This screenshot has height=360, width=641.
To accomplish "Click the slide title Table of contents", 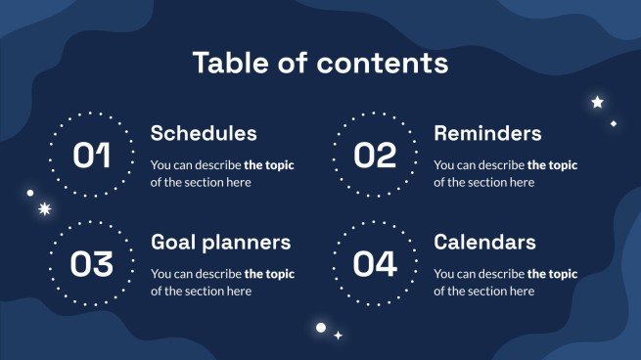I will [320, 64].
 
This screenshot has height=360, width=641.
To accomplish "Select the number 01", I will [92, 156].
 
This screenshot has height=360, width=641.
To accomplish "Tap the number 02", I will [374, 156].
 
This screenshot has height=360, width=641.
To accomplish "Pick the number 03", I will [92, 264].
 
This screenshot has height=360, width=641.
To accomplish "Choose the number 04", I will [374, 264].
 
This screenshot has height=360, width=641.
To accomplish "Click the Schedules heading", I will [204, 133].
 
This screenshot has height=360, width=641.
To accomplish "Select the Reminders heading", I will [487, 133].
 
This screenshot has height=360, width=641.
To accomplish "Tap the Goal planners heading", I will [220, 242].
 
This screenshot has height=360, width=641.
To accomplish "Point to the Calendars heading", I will [484, 242].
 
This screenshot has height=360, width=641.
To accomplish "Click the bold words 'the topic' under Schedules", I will [269, 165].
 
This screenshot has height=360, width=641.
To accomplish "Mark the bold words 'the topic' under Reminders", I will [552, 165].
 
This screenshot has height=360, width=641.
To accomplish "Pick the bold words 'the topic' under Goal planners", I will [269, 274].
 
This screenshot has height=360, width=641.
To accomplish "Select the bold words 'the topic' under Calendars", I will [552, 274].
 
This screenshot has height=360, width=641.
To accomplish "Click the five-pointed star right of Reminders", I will [597, 102].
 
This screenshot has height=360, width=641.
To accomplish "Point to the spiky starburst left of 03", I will [43, 208].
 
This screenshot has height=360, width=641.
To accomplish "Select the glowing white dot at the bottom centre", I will [319, 327].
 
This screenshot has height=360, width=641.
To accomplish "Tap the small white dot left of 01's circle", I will [30, 193].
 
